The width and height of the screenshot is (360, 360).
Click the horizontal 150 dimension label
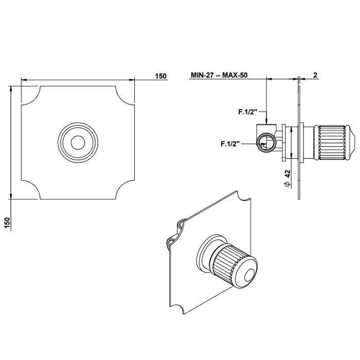point(160,76)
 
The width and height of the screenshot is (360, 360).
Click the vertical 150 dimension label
point(7,223)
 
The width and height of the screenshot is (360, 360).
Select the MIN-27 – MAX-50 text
point(219,75)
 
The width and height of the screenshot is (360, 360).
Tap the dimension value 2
point(315,75)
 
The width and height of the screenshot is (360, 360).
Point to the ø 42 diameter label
point(287,178)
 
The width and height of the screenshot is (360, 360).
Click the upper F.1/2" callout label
point(247,112)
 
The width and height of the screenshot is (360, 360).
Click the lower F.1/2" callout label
point(230,143)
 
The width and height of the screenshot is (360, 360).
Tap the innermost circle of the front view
point(78,142)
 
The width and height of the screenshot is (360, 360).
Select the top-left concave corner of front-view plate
point(31,96)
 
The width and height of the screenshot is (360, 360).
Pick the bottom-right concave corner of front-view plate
point(124,190)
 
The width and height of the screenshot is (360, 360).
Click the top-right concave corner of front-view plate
point(124,96)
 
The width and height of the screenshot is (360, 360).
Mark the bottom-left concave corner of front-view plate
point(31,190)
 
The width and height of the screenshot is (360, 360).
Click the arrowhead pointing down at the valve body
point(266,122)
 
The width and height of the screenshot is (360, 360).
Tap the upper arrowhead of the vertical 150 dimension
point(11,89)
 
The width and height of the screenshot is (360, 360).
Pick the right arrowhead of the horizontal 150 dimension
point(132,80)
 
